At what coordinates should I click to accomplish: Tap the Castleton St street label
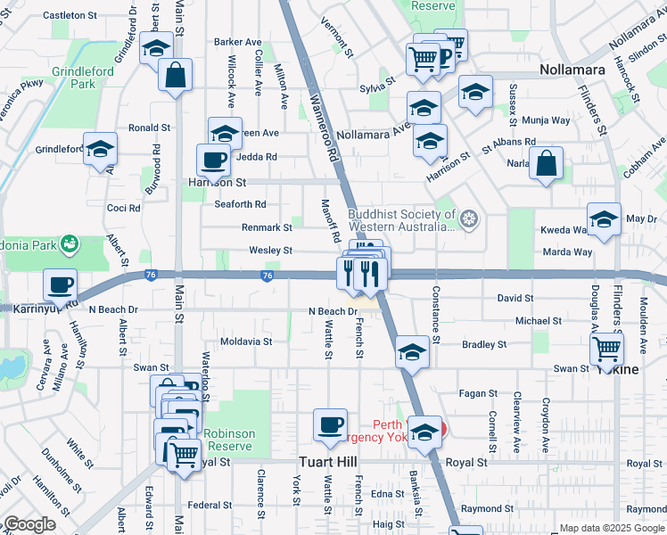click(70, 15)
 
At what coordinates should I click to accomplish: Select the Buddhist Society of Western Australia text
click(402, 220)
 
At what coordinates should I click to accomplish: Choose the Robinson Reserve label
click(230, 440)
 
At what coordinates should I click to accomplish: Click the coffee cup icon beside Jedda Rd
click(213, 160)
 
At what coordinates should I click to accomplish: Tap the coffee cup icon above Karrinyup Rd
click(61, 285)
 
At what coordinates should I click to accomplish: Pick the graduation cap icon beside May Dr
click(605, 220)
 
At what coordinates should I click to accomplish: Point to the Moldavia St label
click(245, 342)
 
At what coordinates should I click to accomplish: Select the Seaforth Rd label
click(241, 204)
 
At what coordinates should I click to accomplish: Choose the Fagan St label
click(471, 393)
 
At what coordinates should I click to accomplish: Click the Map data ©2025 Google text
click(611, 528)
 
